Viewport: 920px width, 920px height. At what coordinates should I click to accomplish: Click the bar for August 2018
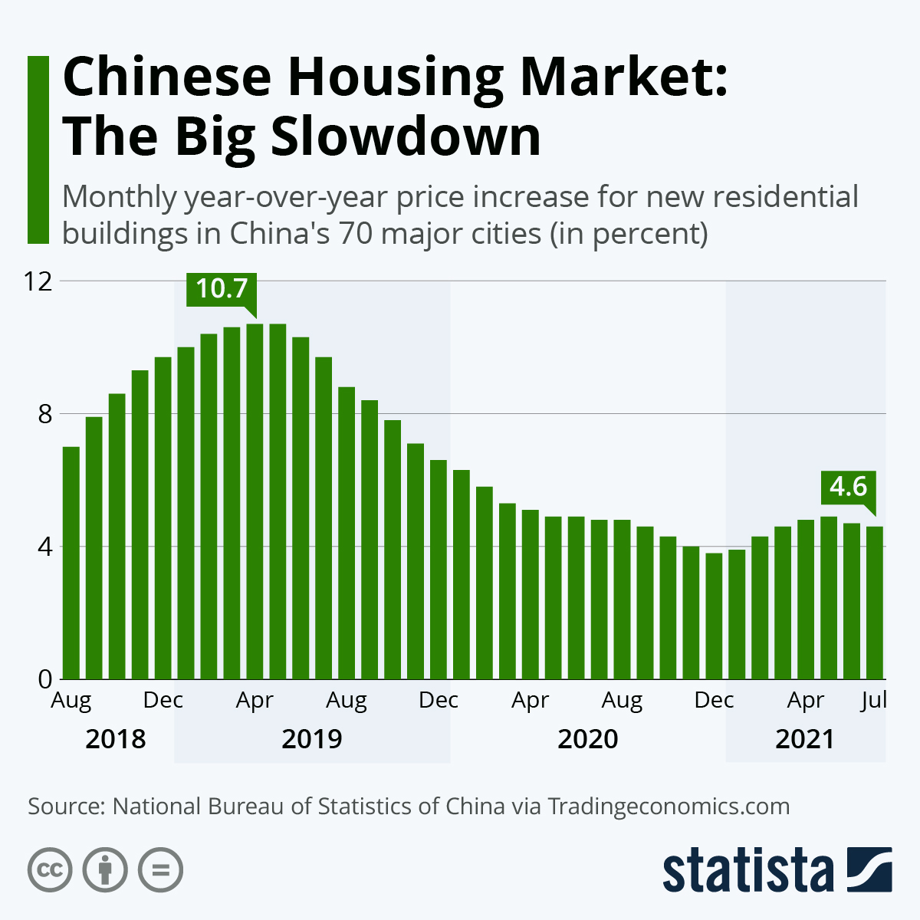[71, 563]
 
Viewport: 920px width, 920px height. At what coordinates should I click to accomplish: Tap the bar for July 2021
[875, 603]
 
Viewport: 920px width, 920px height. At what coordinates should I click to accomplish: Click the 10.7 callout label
[222, 289]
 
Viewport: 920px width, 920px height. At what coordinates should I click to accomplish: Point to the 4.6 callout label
[848, 487]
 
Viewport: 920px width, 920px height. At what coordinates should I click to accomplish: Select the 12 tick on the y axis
[38, 281]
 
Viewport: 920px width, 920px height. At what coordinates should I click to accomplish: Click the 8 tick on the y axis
[44, 414]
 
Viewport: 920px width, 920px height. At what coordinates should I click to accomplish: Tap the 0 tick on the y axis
[44, 679]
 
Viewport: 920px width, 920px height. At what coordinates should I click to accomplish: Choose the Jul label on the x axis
[873, 700]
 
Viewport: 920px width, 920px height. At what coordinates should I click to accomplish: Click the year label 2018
[115, 739]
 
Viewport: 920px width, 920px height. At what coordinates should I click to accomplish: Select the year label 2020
[587, 739]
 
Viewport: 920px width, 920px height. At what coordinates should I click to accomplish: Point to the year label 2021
[804, 739]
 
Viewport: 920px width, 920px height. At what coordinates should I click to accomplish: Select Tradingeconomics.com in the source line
[669, 807]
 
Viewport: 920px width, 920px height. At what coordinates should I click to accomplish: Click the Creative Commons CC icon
[50, 870]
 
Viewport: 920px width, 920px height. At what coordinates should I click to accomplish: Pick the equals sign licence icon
[160, 870]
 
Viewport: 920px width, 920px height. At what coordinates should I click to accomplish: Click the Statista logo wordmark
[747, 870]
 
